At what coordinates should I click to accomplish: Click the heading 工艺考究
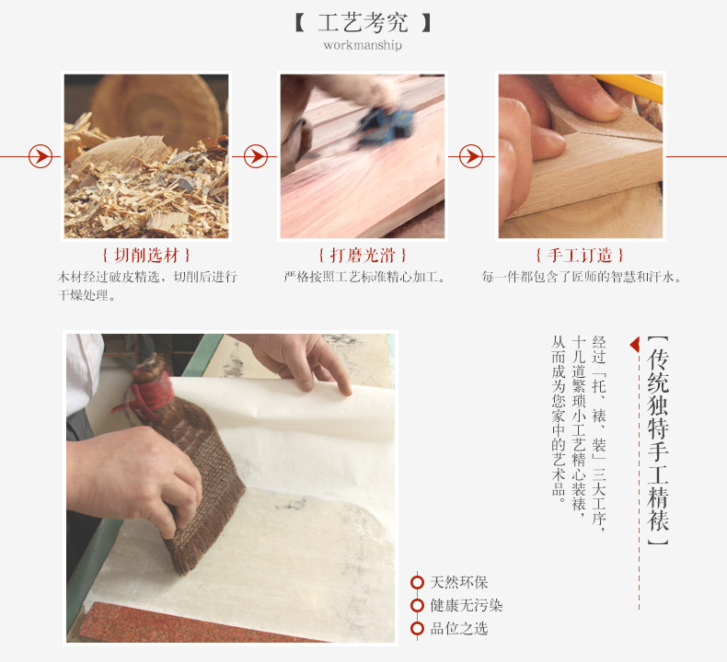tap(363, 23)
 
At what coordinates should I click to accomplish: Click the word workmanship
tap(363, 45)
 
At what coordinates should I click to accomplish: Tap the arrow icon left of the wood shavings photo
tap(40, 156)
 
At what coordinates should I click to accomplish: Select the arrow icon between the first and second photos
tap(256, 156)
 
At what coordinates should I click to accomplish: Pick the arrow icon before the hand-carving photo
tap(471, 156)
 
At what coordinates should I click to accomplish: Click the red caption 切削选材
tap(146, 255)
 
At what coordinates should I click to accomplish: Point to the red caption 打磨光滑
tap(362, 255)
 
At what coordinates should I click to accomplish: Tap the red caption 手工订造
tap(580, 255)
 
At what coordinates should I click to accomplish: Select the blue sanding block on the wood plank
tap(385, 124)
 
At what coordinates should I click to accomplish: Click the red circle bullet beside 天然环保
tap(417, 582)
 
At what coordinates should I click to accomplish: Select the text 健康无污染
tap(467, 605)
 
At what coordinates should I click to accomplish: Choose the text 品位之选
tap(459, 628)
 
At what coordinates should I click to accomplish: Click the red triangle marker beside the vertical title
tap(635, 345)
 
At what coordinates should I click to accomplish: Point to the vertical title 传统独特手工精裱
tap(658, 440)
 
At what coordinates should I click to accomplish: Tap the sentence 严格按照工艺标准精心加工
tap(364, 277)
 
